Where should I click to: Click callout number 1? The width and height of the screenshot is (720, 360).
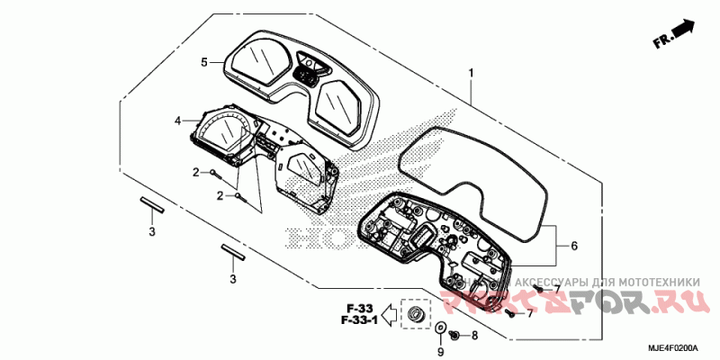point(471,73)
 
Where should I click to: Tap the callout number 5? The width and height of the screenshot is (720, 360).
point(204,62)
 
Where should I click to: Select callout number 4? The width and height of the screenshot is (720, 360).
point(178,120)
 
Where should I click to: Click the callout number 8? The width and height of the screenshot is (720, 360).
point(474,335)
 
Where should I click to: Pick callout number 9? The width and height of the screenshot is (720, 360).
point(440,352)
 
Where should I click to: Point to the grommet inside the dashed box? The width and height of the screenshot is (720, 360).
point(416,315)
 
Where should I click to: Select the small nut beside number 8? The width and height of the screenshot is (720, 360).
point(456,335)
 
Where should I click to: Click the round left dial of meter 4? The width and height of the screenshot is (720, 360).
point(220,132)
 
